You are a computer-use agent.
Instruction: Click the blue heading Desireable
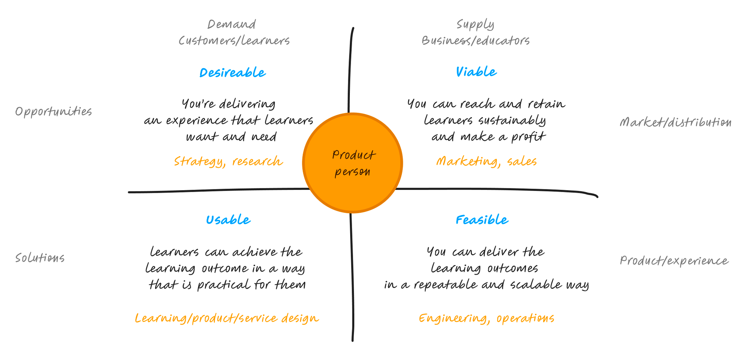[233, 73]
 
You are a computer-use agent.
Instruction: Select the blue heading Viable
[476, 72]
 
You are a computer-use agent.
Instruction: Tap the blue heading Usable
[228, 220]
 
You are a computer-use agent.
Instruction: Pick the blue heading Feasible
[482, 220]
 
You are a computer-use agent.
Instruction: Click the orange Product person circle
[352, 163]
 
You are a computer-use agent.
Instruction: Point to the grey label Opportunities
[53, 112]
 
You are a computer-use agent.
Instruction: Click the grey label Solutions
[40, 258]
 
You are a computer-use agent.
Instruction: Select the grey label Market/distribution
[676, 122]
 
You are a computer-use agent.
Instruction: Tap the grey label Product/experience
[674, 261]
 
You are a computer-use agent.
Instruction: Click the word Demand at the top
[232, 24]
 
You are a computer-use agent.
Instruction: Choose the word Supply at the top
[475, 25]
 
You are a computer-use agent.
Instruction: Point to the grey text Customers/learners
[234, 40]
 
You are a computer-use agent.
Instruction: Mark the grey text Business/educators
[476, 40]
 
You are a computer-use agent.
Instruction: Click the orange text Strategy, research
[229, 162]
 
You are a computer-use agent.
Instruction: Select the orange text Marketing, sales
[486, 161]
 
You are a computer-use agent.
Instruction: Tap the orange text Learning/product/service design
[227, 318]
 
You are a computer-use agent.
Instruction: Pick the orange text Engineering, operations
[486, 318]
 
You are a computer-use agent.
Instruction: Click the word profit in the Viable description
[528, 137]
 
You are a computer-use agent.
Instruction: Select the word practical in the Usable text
[224, 285]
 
